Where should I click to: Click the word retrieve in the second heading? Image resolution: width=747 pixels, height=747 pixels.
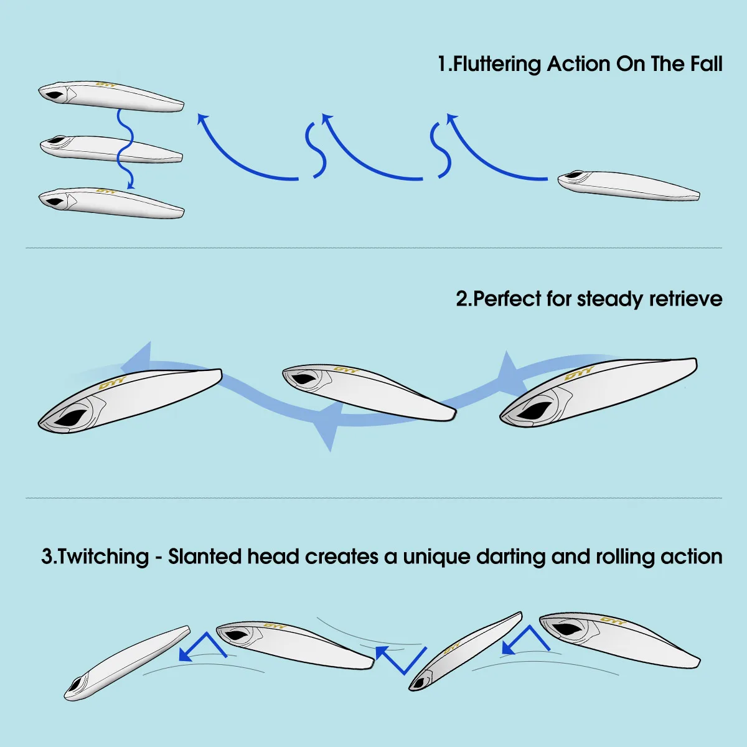coord(685,299)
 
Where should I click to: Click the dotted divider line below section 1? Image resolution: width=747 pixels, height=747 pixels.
coord(374,248)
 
